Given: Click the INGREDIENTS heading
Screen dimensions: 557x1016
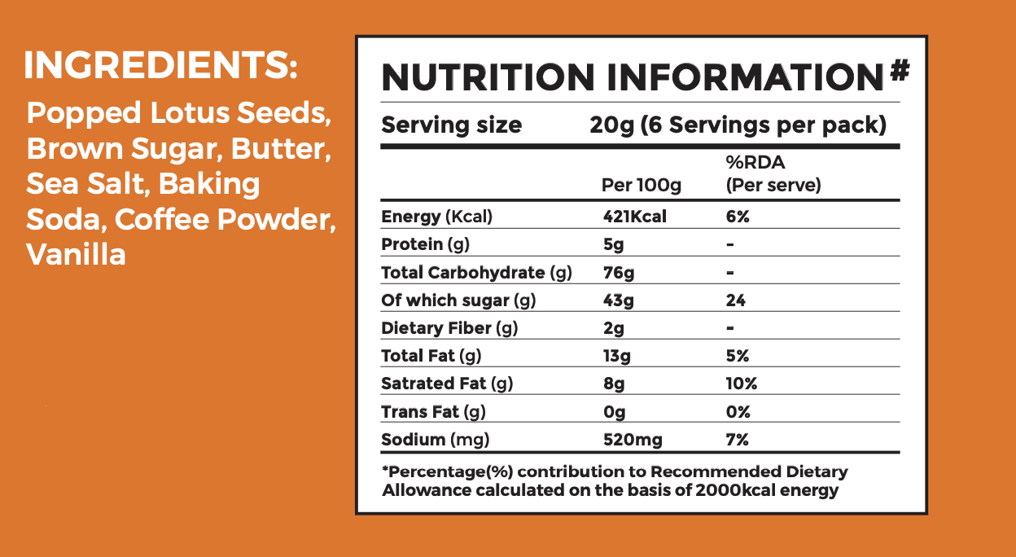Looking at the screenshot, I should (x=160, y=66).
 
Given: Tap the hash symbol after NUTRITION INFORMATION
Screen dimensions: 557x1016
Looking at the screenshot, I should (x=899, y=72).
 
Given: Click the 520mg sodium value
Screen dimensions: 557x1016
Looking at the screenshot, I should (x=632, y=441).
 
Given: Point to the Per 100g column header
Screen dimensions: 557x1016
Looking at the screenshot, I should (x=641, y=186).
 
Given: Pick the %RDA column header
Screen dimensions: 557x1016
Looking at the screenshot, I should (x=773, y=174).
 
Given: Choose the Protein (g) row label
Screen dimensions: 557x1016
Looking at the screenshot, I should (x=425, y=244).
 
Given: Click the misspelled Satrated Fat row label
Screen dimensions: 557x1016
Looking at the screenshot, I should (x=447, y=384).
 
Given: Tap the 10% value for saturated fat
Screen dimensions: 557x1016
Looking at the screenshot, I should (x=742, y=384).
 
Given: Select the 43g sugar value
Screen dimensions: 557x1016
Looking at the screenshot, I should (x=618, y=300).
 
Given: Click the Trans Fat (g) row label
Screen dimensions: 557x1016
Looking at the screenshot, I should (x=433, y=412).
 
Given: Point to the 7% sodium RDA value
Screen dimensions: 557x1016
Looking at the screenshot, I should (x=738, y=441).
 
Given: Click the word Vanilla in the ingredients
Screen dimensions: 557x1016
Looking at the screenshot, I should (x=76, y=255).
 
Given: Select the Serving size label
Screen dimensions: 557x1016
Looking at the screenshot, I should (x=452, y=125).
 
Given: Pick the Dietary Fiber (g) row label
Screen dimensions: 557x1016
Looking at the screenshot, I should (x=449, y=328).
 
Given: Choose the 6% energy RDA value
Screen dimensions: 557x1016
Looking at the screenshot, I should (x=738, y=217).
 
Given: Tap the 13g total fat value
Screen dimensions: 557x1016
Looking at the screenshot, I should (x=616, y=356).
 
